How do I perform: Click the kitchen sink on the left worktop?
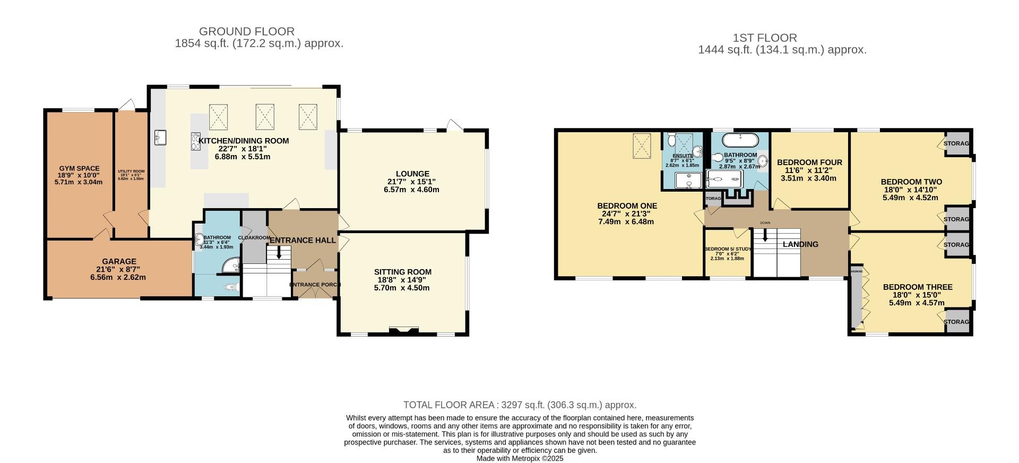[x=160, y=138]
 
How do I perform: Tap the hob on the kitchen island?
[x=195, y=142]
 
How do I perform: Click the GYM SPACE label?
[x=79, y=169]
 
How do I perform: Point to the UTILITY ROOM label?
[x=131, y=172]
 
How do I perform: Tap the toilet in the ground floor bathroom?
[x=230, y=287]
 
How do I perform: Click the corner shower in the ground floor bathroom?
[x=231, y=265]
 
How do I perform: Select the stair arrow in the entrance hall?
[x=279, y=254]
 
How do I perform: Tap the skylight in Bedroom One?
[x=642, y=145]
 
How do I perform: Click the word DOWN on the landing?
[x=765, y=223]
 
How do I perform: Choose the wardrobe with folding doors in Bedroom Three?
[x=856, y=301]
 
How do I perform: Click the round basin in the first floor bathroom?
[x=763, y=161]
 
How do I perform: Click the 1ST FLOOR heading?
[x=764, y=38]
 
